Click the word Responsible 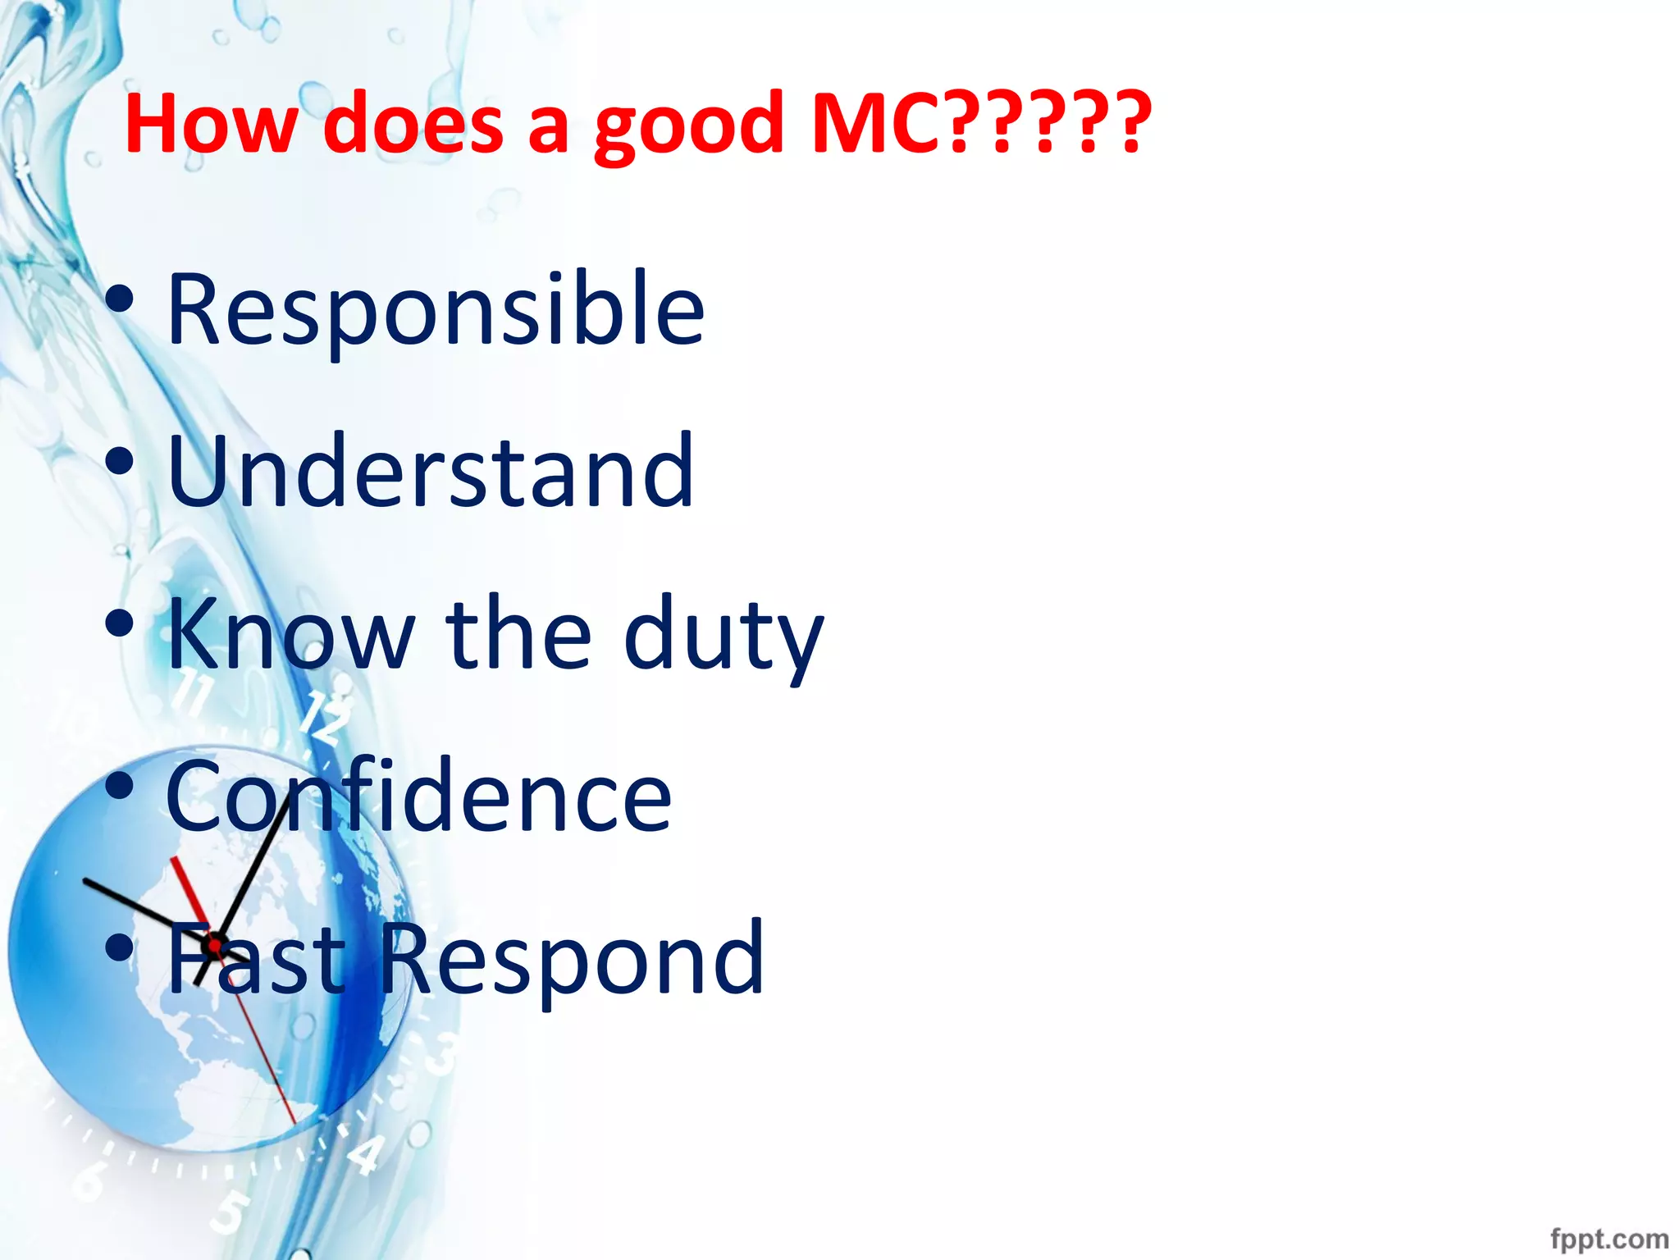point(436,311)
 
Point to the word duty point(724,636)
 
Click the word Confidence point(419,796)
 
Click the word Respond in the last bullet point(572,958)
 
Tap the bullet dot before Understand point(120,461)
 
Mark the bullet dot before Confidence point(120,786)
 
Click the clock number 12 point(325,715)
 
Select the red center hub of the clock point(215,945)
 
